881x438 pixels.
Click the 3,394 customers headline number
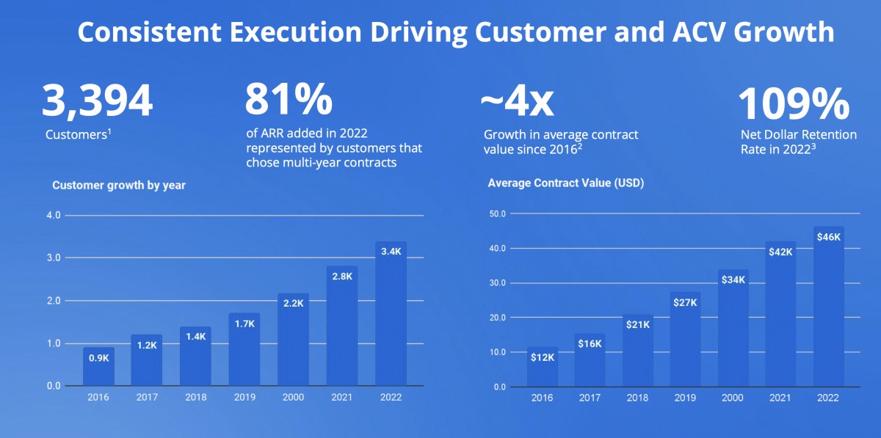(97, 101)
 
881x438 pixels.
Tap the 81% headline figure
(289, 98)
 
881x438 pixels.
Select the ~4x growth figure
(517, 102)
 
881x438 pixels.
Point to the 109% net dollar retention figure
(794, 103)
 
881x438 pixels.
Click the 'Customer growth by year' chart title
(119, 185)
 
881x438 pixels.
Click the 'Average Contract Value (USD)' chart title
(566, 183)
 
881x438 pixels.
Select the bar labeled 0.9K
(98, 366)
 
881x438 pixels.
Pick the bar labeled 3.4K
(391, 313)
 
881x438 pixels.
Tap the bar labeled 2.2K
(294, 339)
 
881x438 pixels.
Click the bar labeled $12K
(543, 366)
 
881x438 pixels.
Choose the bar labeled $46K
(829, 306)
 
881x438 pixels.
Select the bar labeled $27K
(685, 339)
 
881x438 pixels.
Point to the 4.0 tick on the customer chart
(54, 216)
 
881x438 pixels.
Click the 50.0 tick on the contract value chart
(498, 214)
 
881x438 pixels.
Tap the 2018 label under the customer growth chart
(196, 397)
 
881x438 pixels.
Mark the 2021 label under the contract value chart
(780, 398)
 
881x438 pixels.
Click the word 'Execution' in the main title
(296, 32)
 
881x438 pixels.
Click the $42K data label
(780, 252)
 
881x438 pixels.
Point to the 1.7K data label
(244, 324)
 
